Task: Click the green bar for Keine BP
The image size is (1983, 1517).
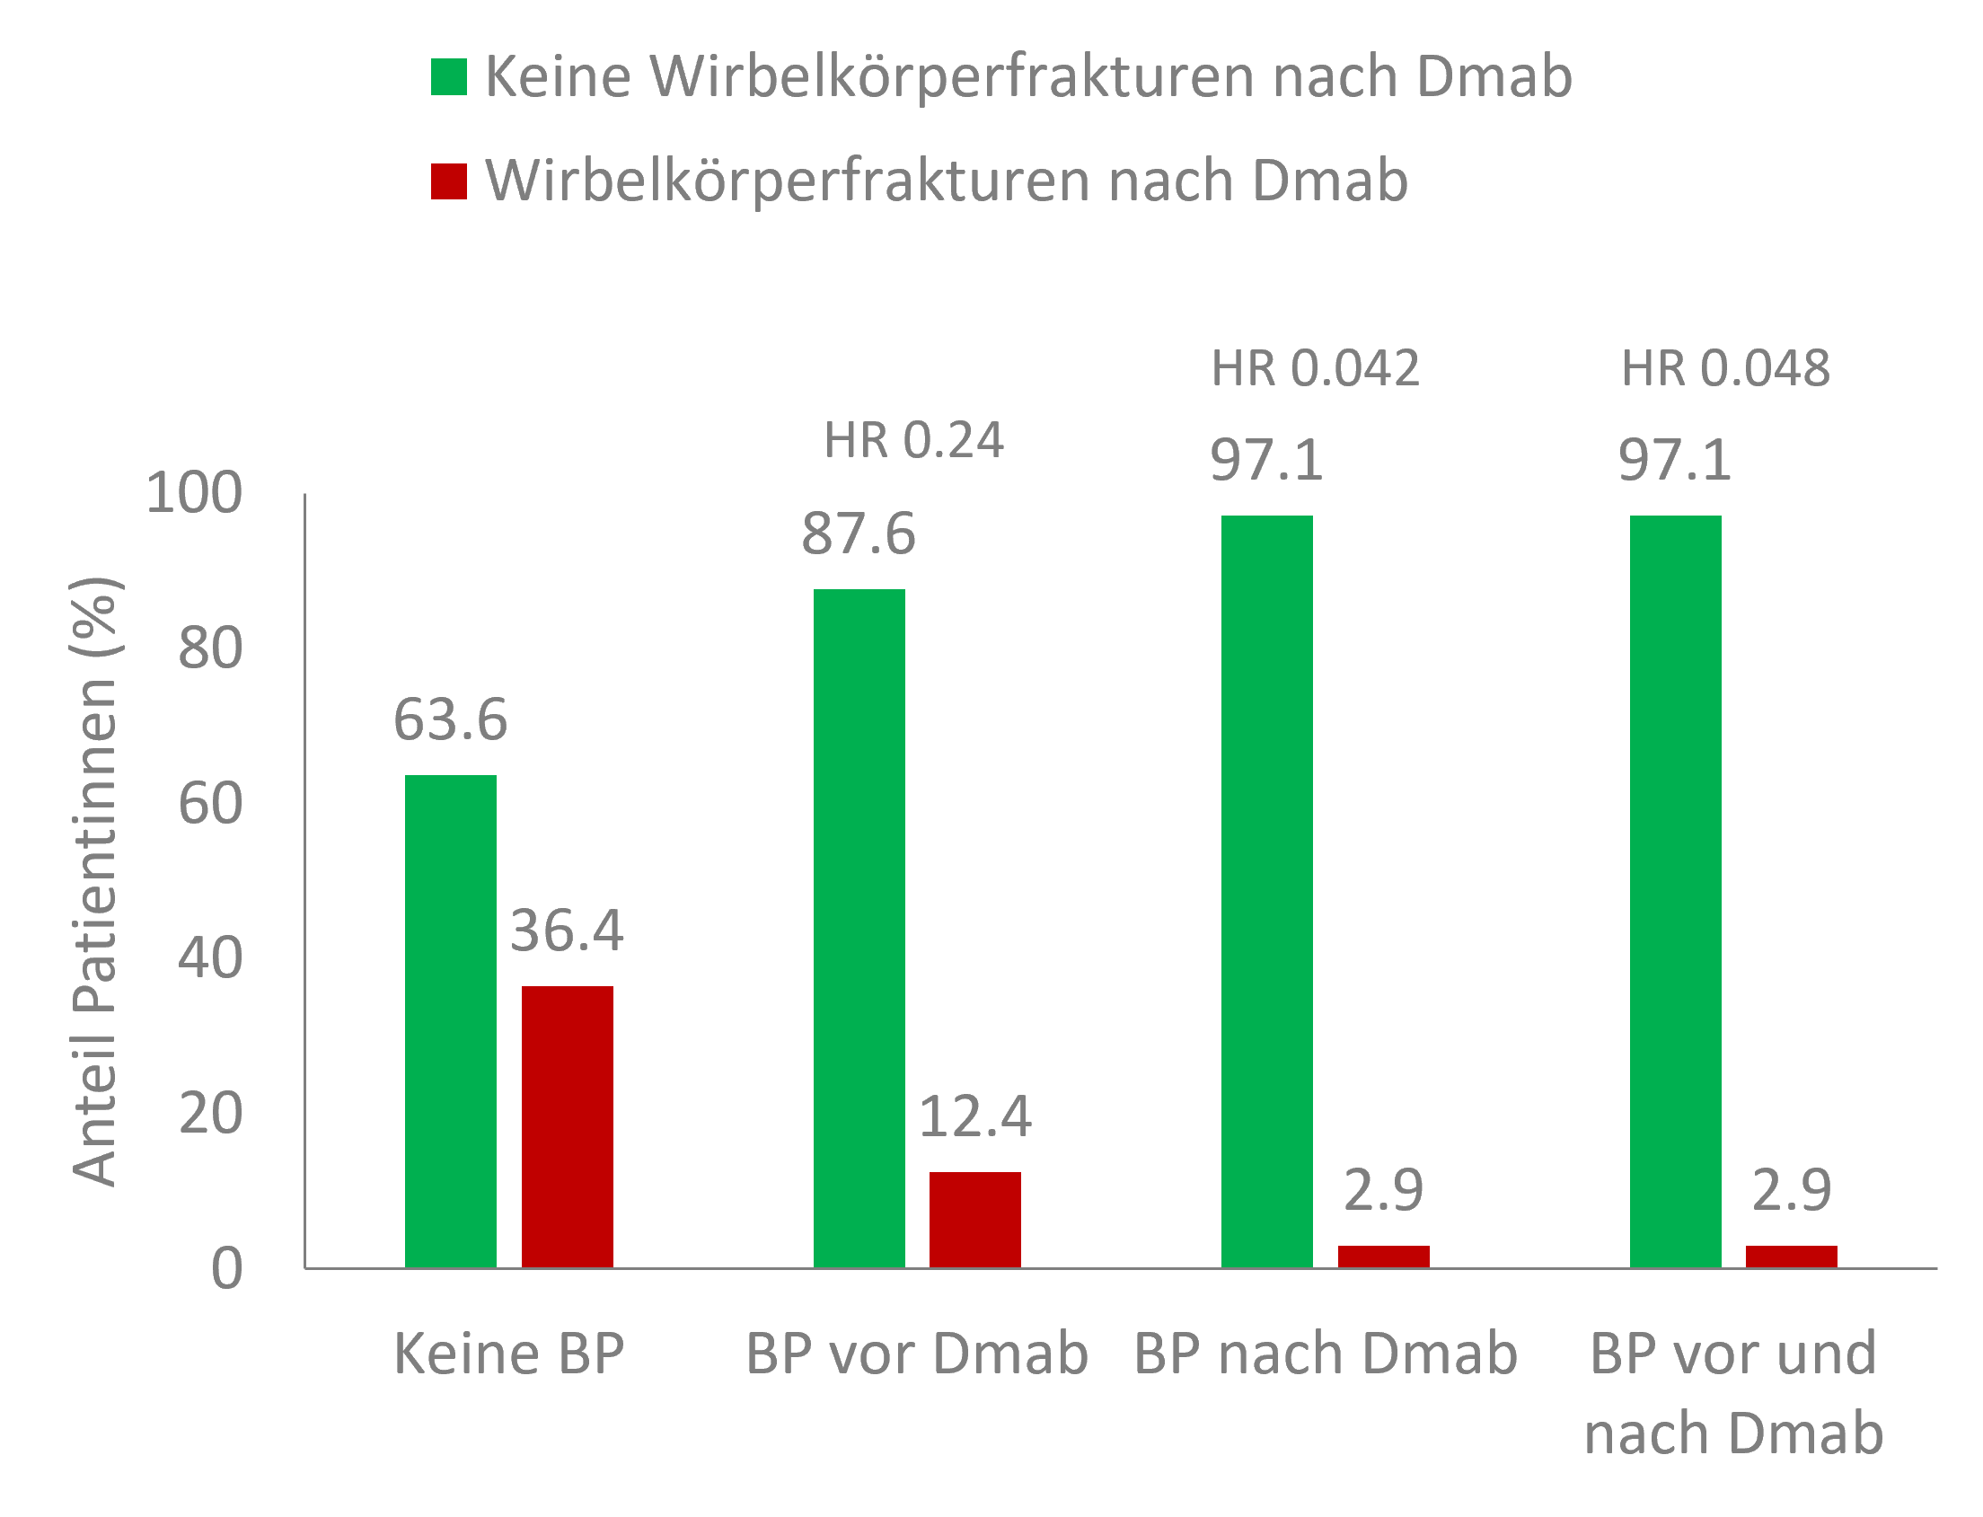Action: [x=450, y=1020]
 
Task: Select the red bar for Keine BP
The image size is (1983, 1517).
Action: [x=567, y=1127]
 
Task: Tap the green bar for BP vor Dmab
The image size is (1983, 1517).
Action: [x=859, y=929]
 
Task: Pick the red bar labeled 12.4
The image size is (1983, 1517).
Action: [x=975, y=1220]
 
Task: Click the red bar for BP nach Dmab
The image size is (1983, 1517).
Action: [x=1383, y=1257]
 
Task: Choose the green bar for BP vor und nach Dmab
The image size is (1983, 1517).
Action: [x=1675, y=891]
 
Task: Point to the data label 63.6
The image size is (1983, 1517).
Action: [x=450, y=720]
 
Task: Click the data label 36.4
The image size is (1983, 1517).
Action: [x=567, y=931]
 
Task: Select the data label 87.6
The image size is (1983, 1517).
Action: [x=859, y=534]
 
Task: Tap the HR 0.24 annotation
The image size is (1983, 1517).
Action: [x=913, y=441]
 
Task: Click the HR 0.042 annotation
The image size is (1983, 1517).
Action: [x=1315, y=368]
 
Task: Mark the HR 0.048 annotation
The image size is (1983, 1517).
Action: [x=1724, y=368]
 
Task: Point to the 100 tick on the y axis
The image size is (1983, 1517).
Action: [x=194, y=493]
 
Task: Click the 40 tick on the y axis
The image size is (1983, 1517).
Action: [x=210, y=958]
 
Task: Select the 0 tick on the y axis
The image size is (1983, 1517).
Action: [x=226, y=1269]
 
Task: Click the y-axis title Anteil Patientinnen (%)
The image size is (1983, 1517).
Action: [x=94, y=881]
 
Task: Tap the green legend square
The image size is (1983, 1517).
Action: [x=449, y=76]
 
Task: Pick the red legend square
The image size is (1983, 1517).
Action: [x=449, y=181]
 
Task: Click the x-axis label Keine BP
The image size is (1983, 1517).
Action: [x=508, y=1354]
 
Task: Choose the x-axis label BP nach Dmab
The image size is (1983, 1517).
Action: [x=1325, y=1354]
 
